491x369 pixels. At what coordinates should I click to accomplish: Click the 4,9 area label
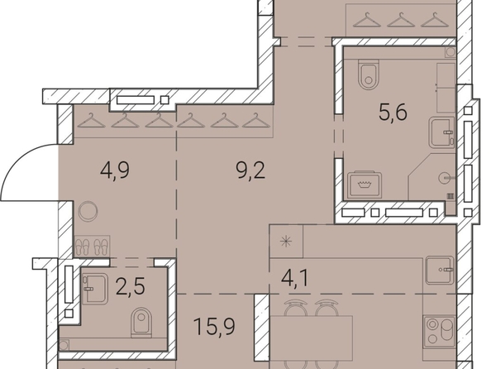click(x=115, y=171)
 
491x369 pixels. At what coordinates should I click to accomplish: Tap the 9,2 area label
click(x=250, y=171)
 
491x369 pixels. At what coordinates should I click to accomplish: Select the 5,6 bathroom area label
click(x=393, y=112)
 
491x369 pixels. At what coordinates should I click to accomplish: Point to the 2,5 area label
click(x=130, y=286)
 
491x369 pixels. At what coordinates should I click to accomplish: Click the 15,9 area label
click(x=214, y=327)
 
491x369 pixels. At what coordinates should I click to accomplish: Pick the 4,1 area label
click(x=295, y=278)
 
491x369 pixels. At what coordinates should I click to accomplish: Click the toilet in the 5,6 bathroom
click(x=369, y=74)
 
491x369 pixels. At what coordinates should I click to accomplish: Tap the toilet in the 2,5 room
click(x=141, y=323)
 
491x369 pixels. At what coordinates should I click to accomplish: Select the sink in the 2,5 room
click(x=95, y=289)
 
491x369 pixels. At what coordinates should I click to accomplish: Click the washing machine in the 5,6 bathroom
click(x=365, y=184)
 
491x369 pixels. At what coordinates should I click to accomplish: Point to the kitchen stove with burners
click(x=439, y=332)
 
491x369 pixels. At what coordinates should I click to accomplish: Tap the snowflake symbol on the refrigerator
click(x=286, y=242)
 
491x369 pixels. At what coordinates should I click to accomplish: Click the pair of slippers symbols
click(x=93, y=247)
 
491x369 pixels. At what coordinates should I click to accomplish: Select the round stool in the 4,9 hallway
click(x=88, y=211)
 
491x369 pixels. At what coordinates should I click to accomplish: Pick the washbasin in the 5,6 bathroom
click(x=442, y=132)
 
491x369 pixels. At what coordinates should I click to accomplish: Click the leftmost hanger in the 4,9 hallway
click(x=91, y=121)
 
